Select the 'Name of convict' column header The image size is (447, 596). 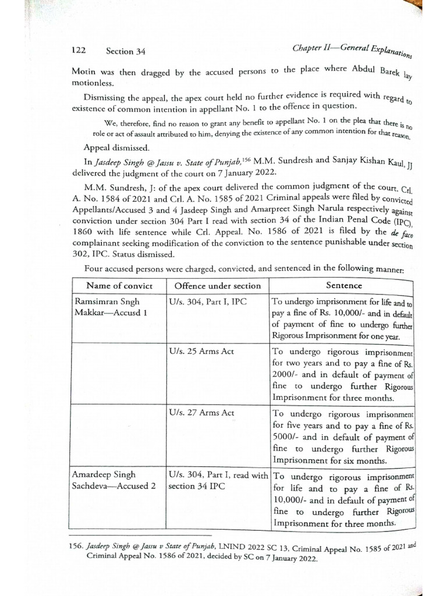click(119, 285)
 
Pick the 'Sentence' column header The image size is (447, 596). click(344, 285)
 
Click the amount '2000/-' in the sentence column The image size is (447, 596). click(286, 375)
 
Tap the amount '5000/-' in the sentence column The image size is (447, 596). click(286, 437)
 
